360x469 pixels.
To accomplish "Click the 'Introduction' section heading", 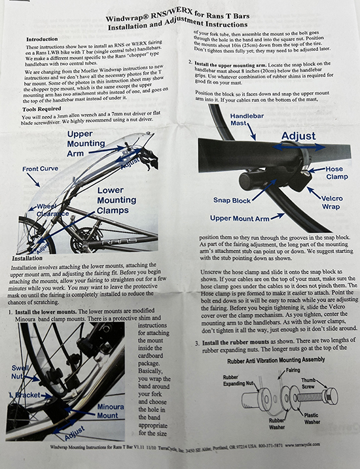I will pos(44,38).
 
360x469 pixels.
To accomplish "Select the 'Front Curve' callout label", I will pos(41,169).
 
